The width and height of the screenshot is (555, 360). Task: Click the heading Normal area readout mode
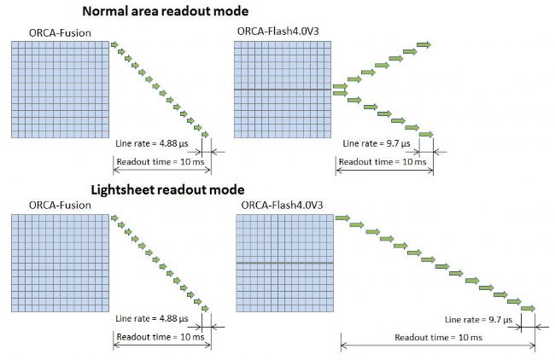166,11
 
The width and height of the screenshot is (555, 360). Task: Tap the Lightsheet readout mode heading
167,190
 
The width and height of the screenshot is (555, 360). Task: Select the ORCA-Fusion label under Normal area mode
60,33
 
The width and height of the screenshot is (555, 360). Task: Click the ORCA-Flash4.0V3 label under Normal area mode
277,31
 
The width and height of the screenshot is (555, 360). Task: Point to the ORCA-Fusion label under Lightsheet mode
60,205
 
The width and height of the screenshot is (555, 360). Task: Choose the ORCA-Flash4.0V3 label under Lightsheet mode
282,205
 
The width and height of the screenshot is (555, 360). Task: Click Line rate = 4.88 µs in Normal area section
152,143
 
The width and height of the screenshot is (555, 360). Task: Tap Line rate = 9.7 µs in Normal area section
377,143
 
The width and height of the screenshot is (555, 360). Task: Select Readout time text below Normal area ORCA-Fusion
161,162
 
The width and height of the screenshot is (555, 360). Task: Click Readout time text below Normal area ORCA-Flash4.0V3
383,162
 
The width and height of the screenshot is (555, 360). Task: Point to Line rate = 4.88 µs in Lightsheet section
152,318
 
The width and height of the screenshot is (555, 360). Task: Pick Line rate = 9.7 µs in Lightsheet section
478,320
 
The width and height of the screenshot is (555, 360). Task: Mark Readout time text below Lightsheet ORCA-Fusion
161,337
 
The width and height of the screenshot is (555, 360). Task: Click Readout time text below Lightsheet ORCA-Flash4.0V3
439,337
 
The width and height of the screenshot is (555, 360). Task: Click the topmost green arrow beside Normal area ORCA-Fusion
114,44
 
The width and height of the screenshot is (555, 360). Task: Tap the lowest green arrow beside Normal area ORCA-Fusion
205,135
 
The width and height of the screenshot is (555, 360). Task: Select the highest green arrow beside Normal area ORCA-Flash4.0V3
424,44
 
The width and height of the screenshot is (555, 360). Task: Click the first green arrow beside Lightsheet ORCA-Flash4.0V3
342,218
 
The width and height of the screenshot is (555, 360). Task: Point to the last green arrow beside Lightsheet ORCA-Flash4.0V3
528,309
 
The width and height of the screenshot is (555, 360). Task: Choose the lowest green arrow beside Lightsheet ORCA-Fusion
205,309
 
